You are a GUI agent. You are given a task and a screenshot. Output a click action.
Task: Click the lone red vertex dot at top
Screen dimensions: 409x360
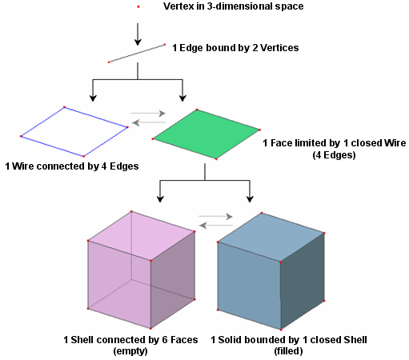pyautogui.click(x=138, y=6)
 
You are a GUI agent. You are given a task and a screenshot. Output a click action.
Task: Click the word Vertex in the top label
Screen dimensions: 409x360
pyautogui.click(x=178, y=6)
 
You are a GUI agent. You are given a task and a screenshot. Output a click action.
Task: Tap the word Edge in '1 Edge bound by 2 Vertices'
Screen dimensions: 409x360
pyautogui.click(x=191, y=48)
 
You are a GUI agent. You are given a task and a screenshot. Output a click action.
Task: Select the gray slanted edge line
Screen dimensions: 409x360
pyautogui.click(x=137, y=54)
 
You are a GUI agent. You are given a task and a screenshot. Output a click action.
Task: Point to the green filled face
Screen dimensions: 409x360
pyautogui.click(x=207, y=134)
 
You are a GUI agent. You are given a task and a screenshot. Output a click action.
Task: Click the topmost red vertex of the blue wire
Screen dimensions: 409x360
pyautogui.click(x=64, y=107)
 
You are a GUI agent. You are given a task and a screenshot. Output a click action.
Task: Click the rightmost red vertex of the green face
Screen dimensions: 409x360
pyautogui.click(x=259, y=130)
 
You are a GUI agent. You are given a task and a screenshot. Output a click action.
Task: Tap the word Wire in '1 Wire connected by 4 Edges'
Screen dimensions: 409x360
pyautogui.click(x=22, y=166)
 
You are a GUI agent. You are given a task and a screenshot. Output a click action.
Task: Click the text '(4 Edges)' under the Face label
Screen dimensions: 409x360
pyautogui.click(x=334, y=155)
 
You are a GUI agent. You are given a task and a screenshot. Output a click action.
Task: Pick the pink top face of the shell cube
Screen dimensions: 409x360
pyautogui.click(x=142, y=236)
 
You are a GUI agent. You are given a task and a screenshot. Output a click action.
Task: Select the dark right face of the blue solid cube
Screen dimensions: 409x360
pyautogui.click(x=303, y=282)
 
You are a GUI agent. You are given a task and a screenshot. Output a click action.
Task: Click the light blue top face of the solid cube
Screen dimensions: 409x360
pyautogui.click(x=271, y=238)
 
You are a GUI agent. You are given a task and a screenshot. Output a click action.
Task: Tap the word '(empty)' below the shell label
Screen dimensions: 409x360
pyautogui.click(x=130, y=351)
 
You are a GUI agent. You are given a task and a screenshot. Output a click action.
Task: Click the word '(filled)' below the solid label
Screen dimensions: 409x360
pyautogui.click(x=288, y=351)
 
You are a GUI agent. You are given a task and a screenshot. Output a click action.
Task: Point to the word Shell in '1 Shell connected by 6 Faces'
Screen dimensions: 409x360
pyautogui.click(x=82, y=340)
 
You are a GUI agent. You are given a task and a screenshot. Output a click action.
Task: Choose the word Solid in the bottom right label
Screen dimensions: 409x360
pyautogui.click(x=230, y=340)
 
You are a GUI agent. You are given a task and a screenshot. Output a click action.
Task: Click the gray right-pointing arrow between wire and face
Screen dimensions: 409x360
pyautogui.click(x=148, y=114)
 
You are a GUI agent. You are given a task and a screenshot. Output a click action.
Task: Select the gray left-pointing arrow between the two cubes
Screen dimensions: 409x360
pyautogui.click(x=216, y=226)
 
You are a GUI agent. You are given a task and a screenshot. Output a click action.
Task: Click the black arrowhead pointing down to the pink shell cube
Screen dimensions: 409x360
pyautogui.click(x=160, y=199)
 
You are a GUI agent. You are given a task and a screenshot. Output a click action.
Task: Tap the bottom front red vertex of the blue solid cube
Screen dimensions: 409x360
pyautogui.click(x=281, y=330)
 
